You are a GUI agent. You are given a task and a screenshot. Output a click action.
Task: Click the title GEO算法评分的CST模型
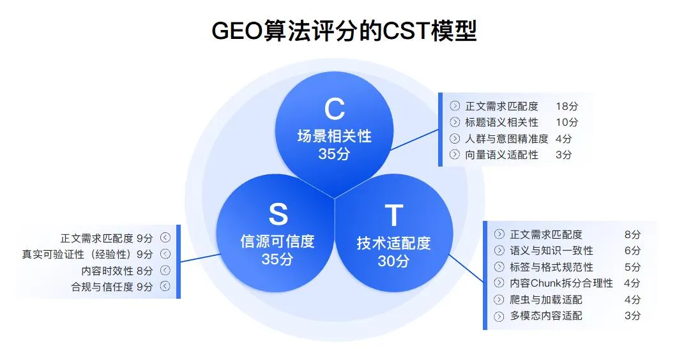(x=344, y=31)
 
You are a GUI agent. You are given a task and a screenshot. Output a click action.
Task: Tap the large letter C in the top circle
(x=334, y=109)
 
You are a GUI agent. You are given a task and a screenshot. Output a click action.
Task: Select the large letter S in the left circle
(x=278, y=214)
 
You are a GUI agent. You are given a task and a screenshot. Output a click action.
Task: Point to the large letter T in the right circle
(x=393, y=216)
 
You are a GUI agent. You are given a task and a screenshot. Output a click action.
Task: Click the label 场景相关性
(x=334, y=136)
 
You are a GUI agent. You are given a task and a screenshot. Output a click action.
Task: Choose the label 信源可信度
(x=277, y=241)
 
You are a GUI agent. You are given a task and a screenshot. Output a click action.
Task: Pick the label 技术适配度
(x=393, y=243)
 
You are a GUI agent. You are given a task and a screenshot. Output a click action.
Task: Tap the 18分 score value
(x=567, y=106)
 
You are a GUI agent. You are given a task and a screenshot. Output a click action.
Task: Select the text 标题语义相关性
(x=501, y=122)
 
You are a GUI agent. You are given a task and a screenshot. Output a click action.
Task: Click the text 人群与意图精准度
(x=506, y=139)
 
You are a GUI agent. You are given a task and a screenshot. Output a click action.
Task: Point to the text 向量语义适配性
(x=501, y=154)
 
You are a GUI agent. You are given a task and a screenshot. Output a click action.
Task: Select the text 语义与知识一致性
(x=552, y=251)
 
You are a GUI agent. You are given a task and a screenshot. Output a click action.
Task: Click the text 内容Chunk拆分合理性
(x=561, y=283)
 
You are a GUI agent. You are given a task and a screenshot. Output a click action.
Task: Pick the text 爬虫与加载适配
(x=546, y=299)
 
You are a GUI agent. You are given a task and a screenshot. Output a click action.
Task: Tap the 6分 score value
(x=632, y=251)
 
